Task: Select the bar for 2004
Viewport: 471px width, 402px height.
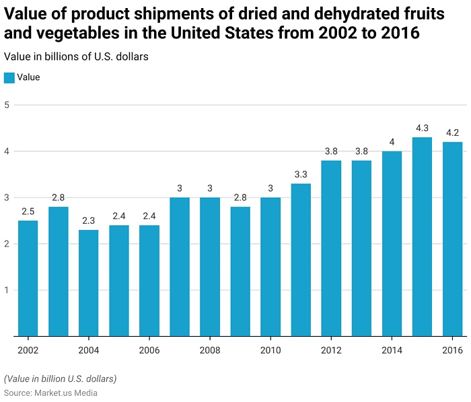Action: point(89,283)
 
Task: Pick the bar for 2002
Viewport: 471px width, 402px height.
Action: point(28,278)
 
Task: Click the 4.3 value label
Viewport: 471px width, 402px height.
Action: point(422,128)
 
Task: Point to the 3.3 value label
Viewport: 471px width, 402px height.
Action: point(301,174)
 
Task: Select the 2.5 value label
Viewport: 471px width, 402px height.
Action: point(28,211)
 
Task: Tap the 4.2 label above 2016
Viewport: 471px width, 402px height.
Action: point(452,132)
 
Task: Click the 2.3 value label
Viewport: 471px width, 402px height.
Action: point(89,220)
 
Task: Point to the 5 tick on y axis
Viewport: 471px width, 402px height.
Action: point(7,105)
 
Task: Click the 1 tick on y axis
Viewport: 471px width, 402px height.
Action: point(7,290)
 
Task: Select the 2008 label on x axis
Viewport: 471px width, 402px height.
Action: point(210,350)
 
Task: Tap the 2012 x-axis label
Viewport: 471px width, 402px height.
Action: point(331,350)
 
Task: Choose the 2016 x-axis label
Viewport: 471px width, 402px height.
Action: point(452,350)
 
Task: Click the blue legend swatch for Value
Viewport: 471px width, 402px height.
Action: point(9,77)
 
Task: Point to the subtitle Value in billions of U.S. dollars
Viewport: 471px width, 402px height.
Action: point(76,56)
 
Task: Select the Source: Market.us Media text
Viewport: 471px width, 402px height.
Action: point(50,393)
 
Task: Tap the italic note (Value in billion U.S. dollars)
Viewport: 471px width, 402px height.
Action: point(60,378)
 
